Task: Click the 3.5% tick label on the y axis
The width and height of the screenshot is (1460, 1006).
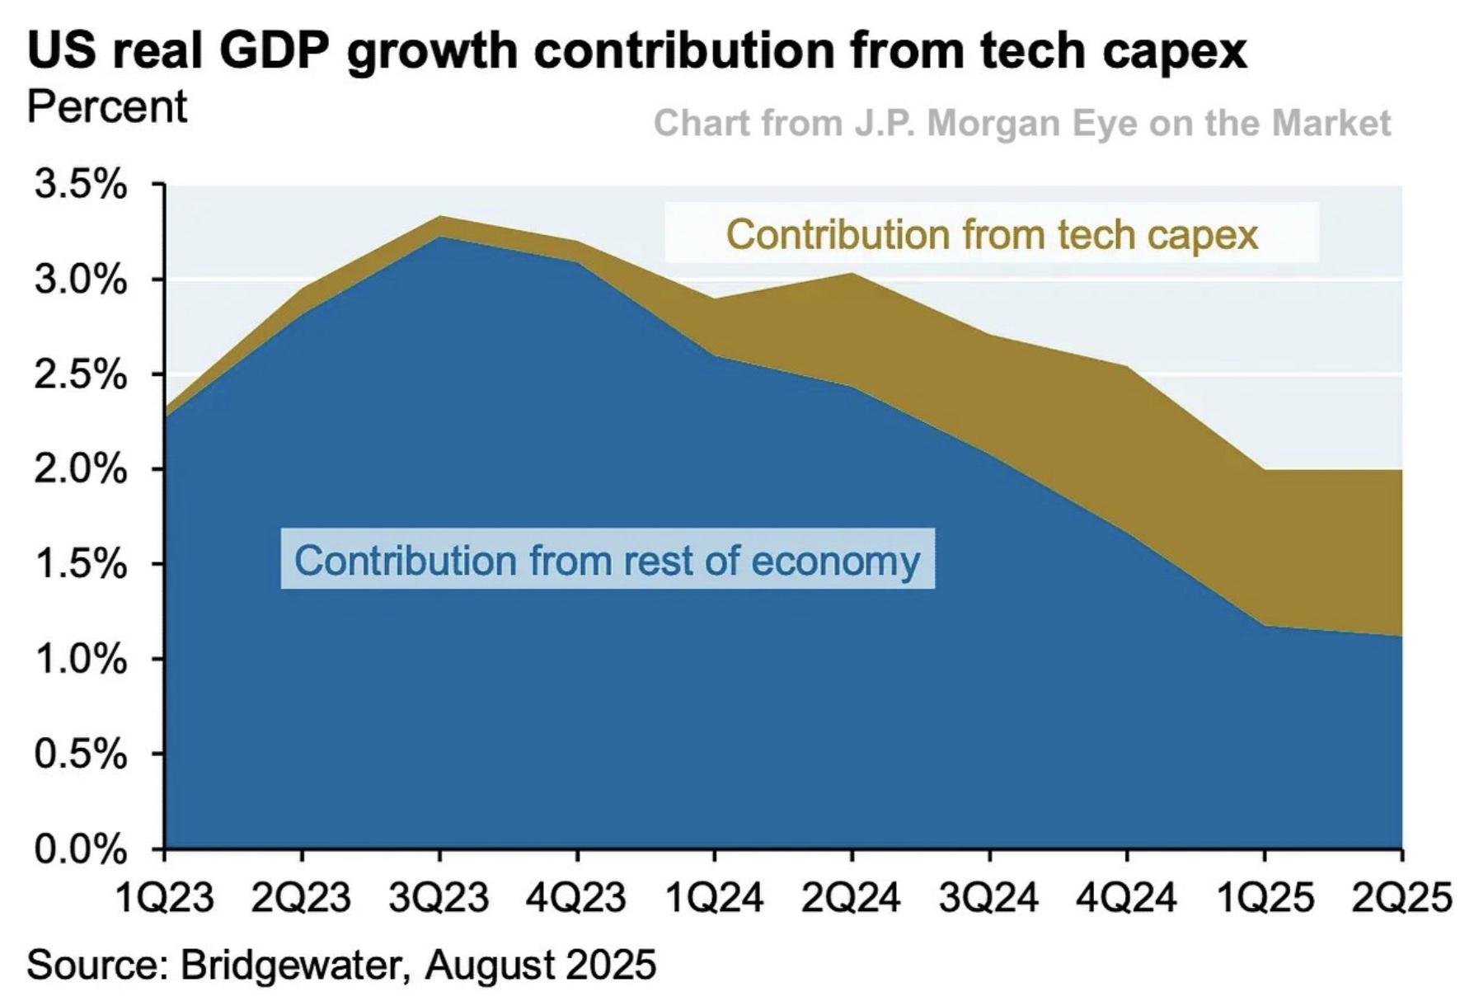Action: pyautogui.click(x=80, y=185)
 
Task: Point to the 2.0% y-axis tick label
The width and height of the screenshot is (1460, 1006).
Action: pyautogui.click(x=80, y=469)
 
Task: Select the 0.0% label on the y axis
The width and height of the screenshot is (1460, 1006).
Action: pyautogui.click(x=80, y=849)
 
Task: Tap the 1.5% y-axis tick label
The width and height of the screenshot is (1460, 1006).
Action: pyautogui.click(x=80, y=564)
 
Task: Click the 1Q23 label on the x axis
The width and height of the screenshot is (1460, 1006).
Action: pyautogui.click(x=164, y=896)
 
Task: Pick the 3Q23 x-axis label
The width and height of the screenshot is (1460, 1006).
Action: pyautogui.click(x=439, y=896)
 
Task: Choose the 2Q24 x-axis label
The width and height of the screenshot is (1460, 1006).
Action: pyautogui.click(x=851, y=896)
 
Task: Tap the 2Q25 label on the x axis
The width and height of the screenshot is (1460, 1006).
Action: pyautogui.click(x=1401, y=896)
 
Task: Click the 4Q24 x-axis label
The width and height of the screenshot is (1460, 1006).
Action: pyautogui.click(x=1126, y=896)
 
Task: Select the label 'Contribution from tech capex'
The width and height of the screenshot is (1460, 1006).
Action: pyautogui.click(x=992, y=234)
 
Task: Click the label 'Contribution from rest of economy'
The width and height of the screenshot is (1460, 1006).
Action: pyautogui.click(x=607, y=560)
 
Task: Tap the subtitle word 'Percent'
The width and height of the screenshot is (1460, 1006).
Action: pyautogui.click(x=107, y=107)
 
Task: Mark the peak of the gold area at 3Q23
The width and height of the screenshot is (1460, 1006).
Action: pyautogui.click(x=439, y=217)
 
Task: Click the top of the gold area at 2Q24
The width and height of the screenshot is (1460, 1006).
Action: pyautogui.click(x=852, y=274)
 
